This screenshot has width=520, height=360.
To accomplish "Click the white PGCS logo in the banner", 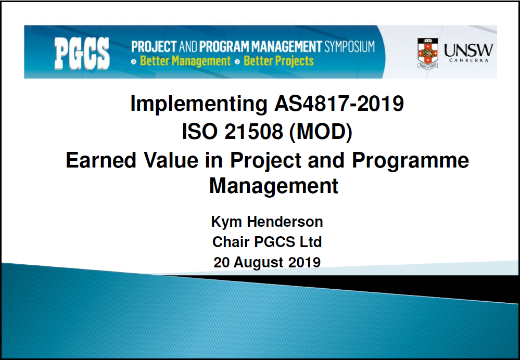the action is pyautogui.click(x=82, y=54).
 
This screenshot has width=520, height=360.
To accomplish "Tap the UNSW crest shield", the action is pyautogui.click(x=427, y=54).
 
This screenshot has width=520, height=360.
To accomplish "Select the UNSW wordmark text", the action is pyautogui.click(x=468, y=50).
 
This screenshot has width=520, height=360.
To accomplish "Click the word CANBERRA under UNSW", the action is pyautogui.click(x=468, y=60).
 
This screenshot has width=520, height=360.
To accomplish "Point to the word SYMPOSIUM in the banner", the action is pyautogui.click(x=350, y=47).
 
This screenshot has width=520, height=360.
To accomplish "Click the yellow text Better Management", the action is pyautogui.click(x=185, y=61).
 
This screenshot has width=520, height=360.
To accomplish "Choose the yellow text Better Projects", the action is pyautogui.click(x=278, y=61).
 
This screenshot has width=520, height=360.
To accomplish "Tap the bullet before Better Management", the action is pyautogui.click(x=134, y=62).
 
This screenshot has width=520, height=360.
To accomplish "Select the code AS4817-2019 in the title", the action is pyautogui.click(x=339, y=104).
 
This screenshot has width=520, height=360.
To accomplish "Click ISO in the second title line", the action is pyautogui.click(x=199, y=132).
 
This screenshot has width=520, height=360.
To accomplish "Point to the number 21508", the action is pyautogui.click(x=253, y=132).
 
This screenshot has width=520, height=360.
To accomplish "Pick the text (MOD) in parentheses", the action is pyautogui.click(x=321, y=132).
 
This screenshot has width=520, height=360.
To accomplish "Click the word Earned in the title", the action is pyautogui.click(x=101, y=160).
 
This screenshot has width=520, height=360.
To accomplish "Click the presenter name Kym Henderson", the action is pyautogui.click(x=267, y=222).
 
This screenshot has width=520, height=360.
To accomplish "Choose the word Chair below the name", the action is pyautogui.click(x=231, y=242).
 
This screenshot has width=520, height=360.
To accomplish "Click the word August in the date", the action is pyautogui.click(x=258, y=263).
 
